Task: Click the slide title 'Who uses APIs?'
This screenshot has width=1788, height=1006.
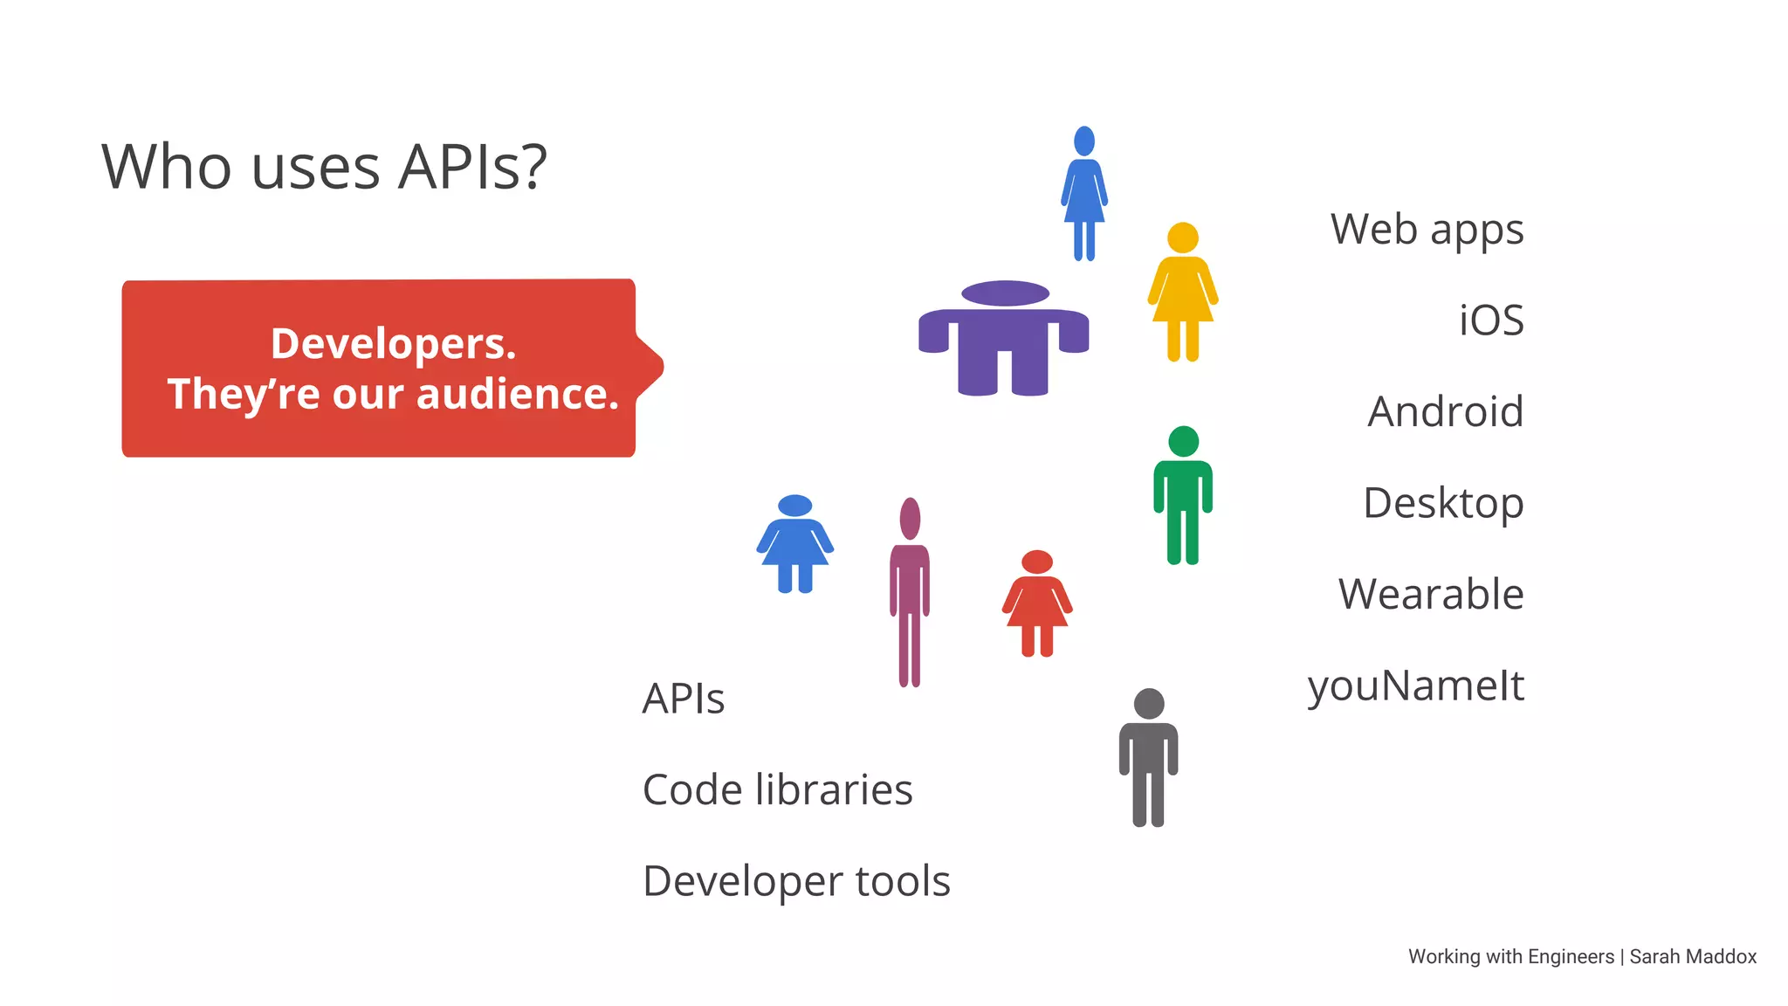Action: [324, 167]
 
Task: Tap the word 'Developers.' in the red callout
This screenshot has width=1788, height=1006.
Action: [393, 343]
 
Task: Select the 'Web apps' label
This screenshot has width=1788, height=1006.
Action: [1427, 231]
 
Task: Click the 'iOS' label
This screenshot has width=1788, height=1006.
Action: [1491, 320]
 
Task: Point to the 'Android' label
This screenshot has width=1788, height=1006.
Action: [1445, 411]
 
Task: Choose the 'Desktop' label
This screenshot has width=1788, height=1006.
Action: [1443, 503]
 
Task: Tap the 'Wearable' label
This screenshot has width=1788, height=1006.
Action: [1431, 595]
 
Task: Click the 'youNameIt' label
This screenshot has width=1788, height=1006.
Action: [1415, 686]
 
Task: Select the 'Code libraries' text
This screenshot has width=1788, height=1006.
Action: [777, 789]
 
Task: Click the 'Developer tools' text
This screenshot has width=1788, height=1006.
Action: [796, 881]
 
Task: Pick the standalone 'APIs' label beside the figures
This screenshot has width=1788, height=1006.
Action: [683, 699]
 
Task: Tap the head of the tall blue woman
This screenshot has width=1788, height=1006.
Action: [1084, 141]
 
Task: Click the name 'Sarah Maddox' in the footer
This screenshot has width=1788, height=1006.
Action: [1693, 957]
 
